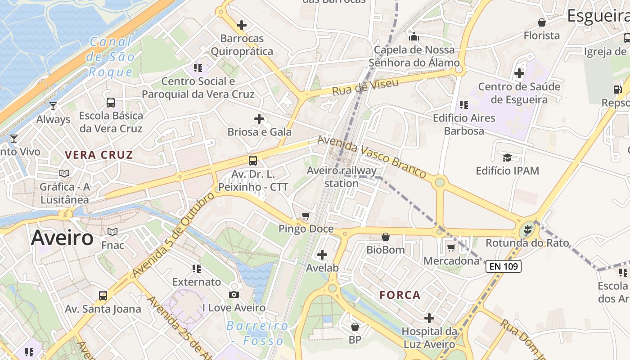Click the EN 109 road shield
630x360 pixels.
click(x=504, y=266)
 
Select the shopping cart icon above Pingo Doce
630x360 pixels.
click(x=306, y=216)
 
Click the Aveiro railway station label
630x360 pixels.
click(x=342, y=177)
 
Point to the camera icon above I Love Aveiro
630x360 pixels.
click(x=234, y=294)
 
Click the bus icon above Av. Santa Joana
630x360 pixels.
click(x=103, y=296)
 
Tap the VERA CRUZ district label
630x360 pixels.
click(x=99, y=155)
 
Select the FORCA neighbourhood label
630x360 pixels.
click(x=400, y=295)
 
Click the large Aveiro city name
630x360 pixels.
click(x=62, y=238)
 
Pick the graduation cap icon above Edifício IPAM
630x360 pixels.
click(x=507, y=157)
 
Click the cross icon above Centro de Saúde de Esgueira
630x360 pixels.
click(x=519, y=73)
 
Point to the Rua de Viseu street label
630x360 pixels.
click(x=365, y=87)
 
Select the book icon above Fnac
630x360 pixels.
click(x=112, y=232)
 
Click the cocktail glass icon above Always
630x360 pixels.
click(x=53, y=106)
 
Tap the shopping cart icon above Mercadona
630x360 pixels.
click(x=451, y=247)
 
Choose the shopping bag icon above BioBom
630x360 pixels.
click(x=386, y=237)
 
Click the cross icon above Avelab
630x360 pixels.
click(x=322, y=255)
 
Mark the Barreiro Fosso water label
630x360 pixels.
click(x=257, y=333)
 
